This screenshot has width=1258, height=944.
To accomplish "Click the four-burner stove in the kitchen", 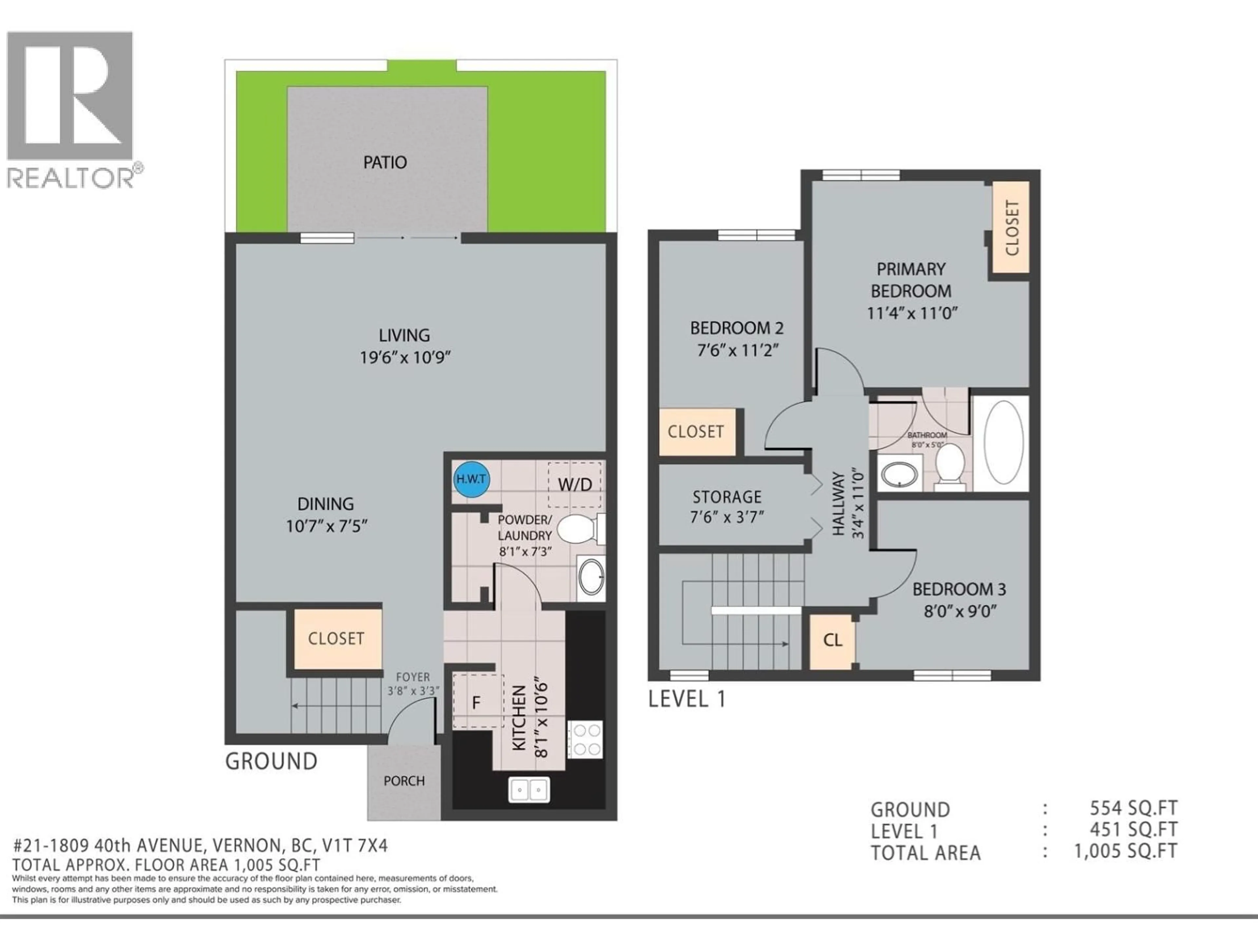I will (586, 739).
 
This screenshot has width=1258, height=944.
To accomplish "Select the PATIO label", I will (385, 163).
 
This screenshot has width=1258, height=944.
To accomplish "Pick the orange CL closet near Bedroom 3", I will (832, 641).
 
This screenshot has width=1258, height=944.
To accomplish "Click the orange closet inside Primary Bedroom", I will (1012, 227).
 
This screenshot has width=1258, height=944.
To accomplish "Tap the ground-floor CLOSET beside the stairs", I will (336, 639).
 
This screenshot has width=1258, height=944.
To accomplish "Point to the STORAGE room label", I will (727, 497).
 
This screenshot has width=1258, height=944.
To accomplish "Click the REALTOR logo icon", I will (70, 96).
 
